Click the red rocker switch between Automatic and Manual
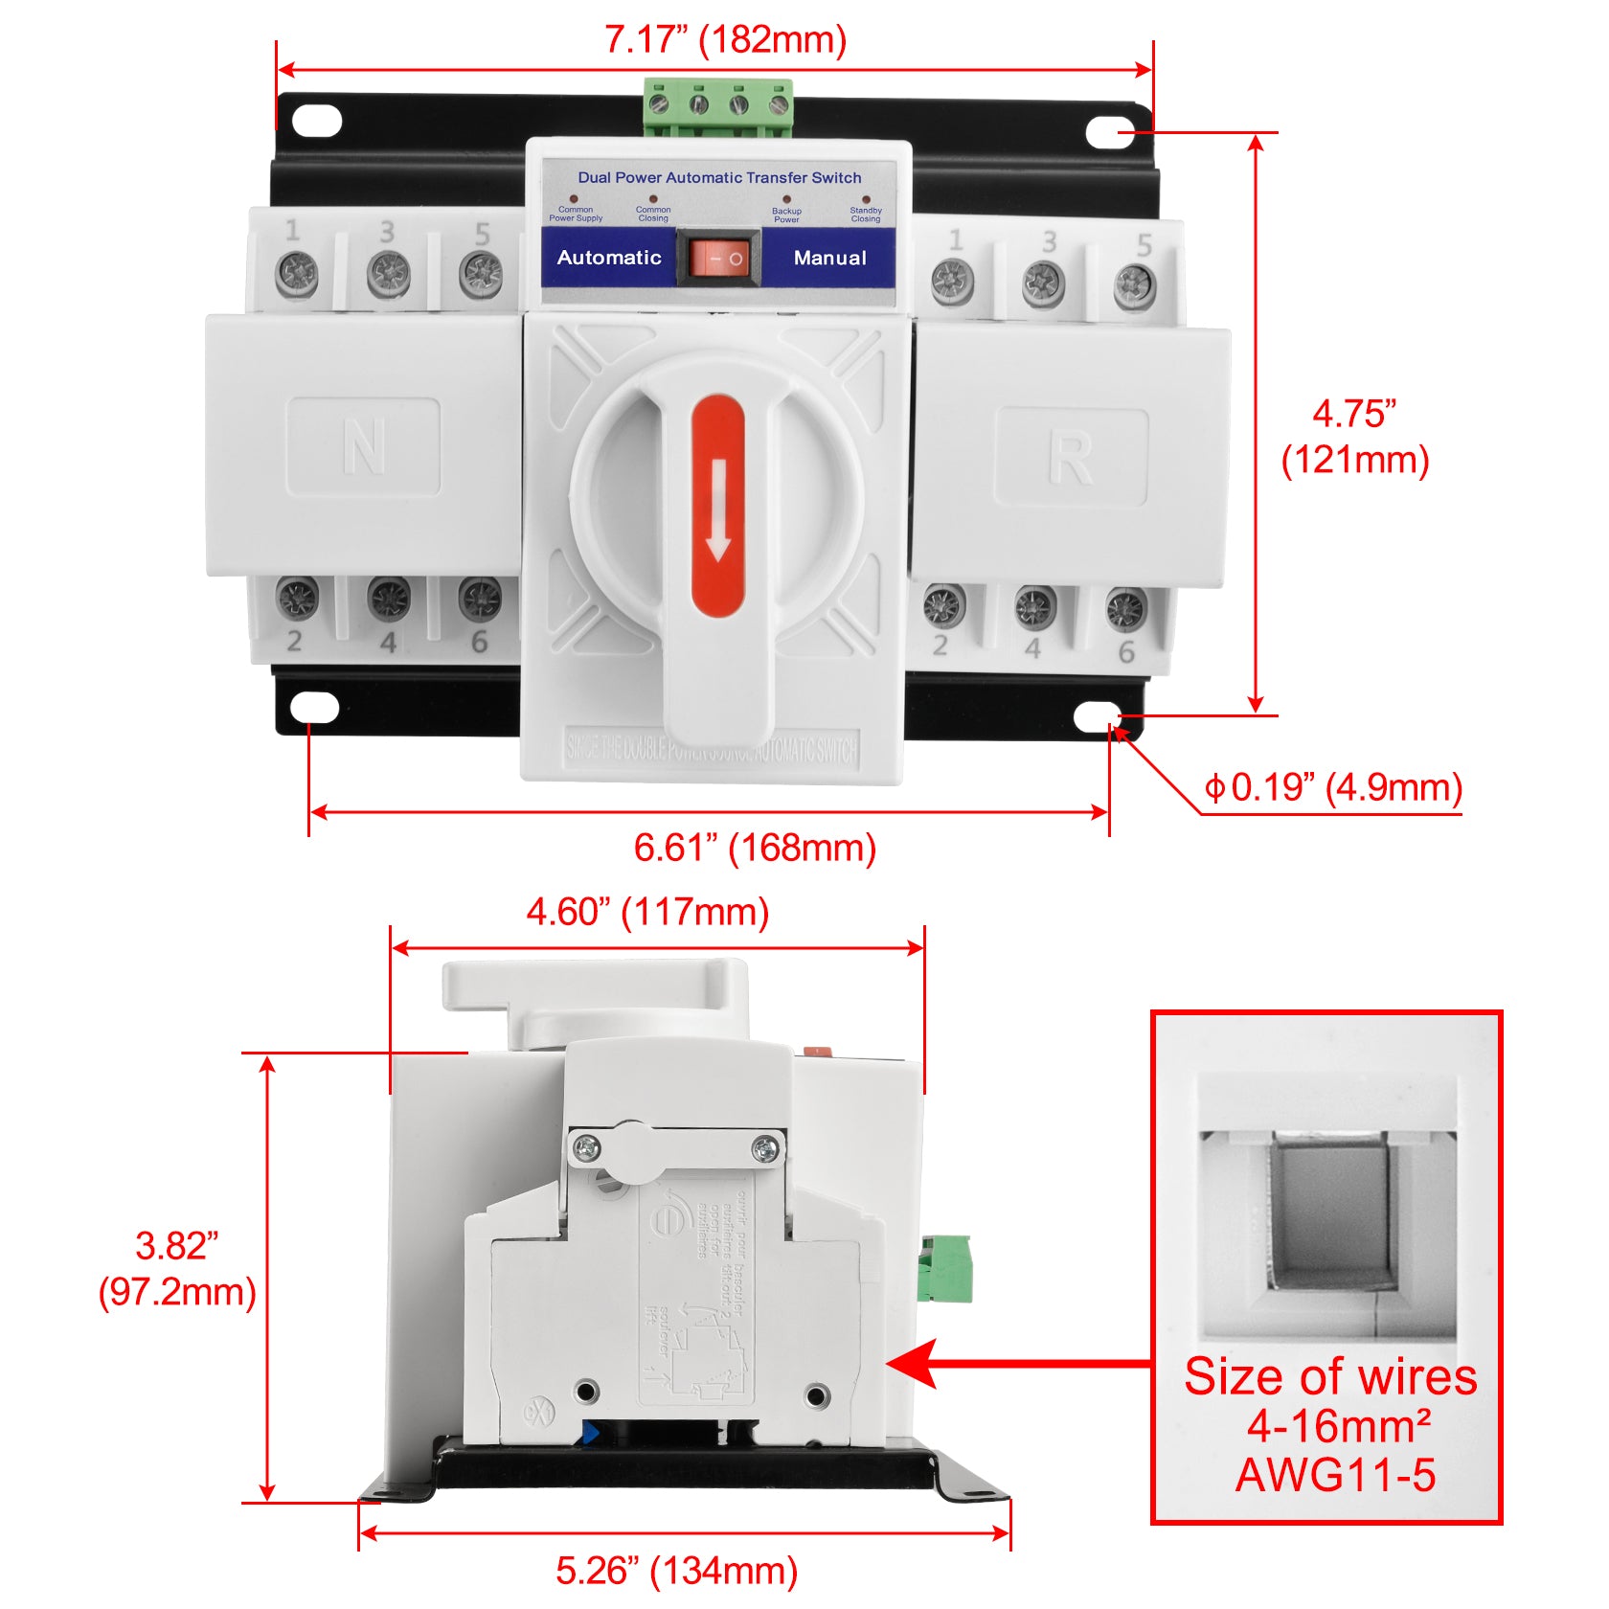click(718, 259)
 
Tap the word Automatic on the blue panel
click(609, 258)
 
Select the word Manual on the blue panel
click(829, 258)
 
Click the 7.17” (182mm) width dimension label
click(725, 40)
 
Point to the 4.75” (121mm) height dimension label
click(1354, 437)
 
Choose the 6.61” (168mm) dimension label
click(755, 848)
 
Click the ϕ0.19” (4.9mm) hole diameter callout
click(1333, 787)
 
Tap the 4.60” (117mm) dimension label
click(647, 912)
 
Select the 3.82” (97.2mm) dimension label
click(177, 1268)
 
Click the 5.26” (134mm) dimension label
click(676, 1571)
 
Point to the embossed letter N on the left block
click(364, 446)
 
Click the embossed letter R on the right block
click(1070, 459)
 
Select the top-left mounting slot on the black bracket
click(316, 121)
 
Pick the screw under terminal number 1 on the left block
click(297, 275)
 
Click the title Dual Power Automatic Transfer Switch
click(719, 177)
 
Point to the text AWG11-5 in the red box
click(1335, 1474)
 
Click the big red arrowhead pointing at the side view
click(915, 1364)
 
